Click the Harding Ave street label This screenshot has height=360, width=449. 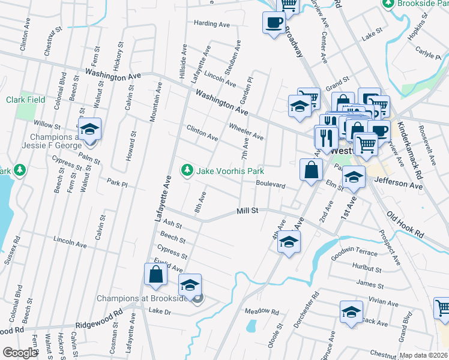212,24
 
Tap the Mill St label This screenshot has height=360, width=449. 247,211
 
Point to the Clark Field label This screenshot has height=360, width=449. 26,100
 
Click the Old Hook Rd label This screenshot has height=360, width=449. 406,223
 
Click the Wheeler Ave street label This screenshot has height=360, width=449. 246,131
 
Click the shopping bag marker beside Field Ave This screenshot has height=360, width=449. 155,275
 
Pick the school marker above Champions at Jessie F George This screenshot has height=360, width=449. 89,129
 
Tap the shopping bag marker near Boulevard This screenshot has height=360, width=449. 312,169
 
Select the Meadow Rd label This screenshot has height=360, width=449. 262,311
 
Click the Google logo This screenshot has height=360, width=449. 19,353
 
